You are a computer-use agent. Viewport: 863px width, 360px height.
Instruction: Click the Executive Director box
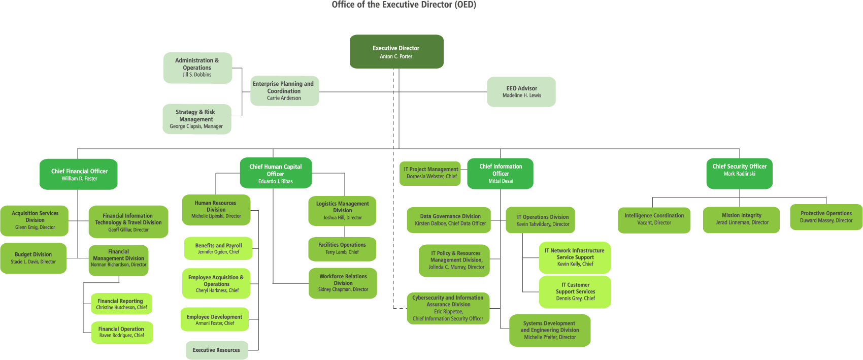click(x=396, y=51)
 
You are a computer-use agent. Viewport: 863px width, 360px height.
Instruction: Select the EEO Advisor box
click(x=521, y=92)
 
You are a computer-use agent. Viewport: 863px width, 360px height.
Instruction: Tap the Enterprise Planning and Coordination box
click(x=285, y=91)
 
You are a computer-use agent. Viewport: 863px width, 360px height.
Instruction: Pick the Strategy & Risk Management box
click(x=197, y=119)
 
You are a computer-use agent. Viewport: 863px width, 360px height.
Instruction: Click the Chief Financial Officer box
click(x=79, y=174)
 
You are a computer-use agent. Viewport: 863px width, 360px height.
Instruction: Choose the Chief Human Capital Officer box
click(x=276, y=173)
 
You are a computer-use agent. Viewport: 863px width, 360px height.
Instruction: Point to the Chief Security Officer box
click(x=739, y=173)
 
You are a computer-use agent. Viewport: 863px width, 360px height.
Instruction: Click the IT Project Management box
click(x=430, y=173)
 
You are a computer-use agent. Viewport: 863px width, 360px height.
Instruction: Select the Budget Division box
click(x=34, y=258)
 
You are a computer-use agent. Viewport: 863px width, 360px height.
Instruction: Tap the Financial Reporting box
click(x=121, y=304)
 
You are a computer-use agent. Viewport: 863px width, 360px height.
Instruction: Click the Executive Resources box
click(x=217, y=350)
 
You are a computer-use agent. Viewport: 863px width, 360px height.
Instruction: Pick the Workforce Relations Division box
click(x=343, y=283)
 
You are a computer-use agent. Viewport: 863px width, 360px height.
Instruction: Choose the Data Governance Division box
click(x=449, y=220)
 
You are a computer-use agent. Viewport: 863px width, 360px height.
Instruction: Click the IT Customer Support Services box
click(x=575, y=291)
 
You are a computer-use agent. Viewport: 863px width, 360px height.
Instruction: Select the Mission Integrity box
click(x=741, y=219)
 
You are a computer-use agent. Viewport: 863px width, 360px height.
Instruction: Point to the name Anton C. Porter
click(x=396, y=57)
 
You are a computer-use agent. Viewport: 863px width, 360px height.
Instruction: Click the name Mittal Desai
click(x=501, y=181)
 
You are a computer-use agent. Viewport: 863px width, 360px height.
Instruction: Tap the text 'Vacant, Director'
click(x=654, y=223)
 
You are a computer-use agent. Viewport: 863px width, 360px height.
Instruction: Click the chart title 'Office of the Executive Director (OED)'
click(x=404, y=5)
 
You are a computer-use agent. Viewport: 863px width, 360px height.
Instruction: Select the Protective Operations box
click(x=826, y=217)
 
